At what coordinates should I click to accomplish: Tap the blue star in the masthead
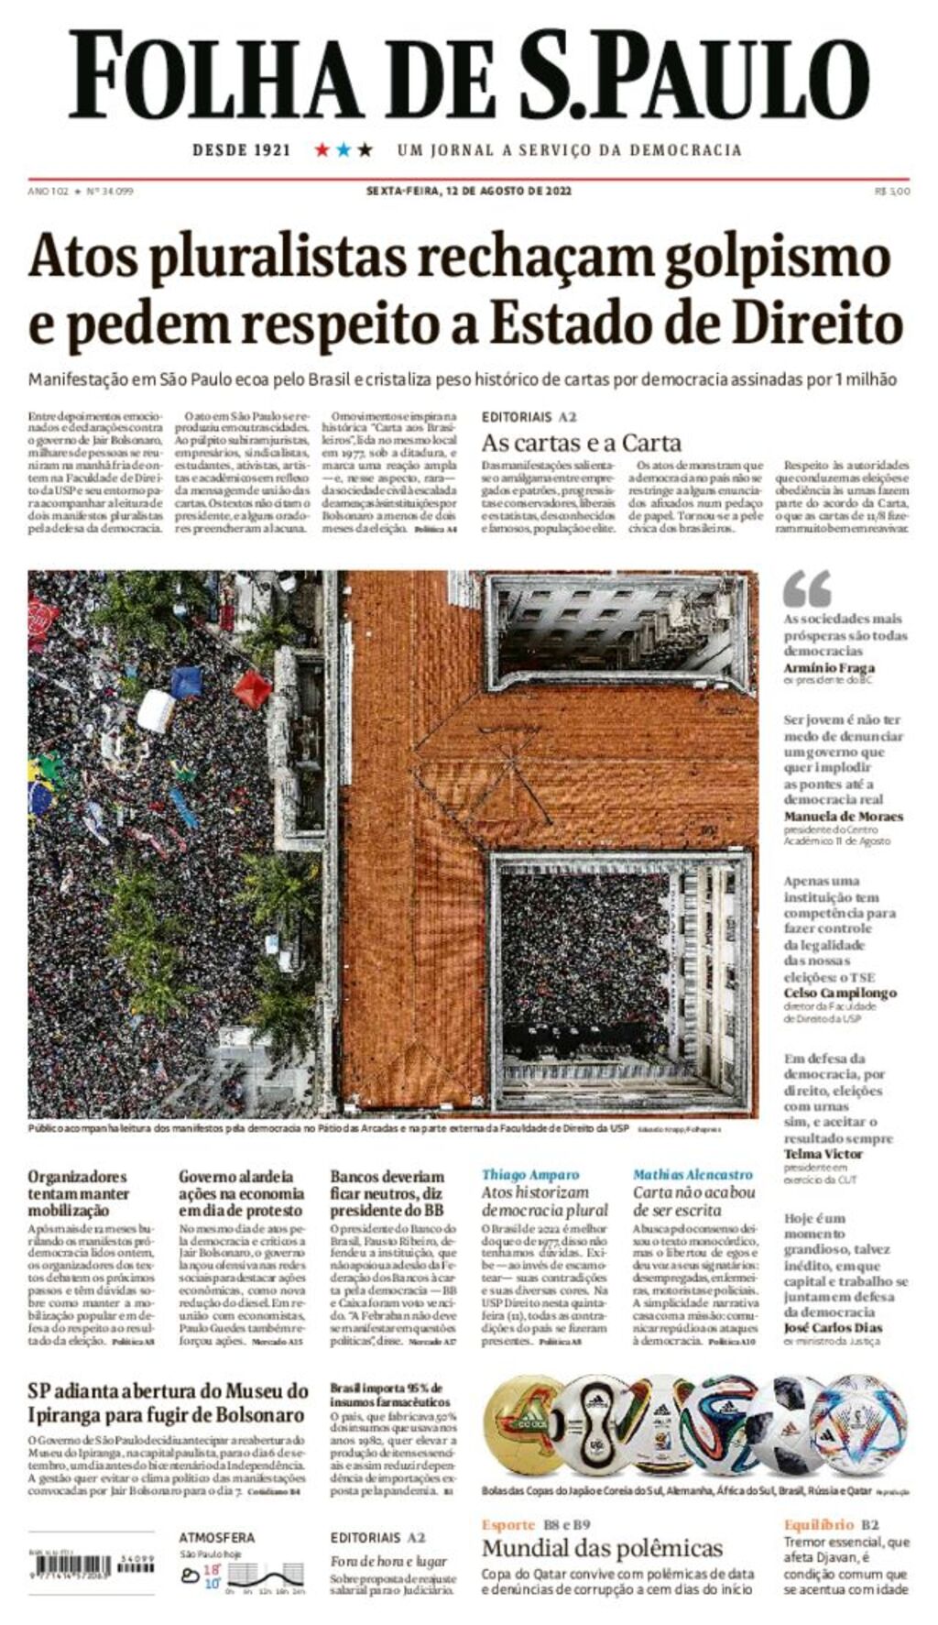click(344, 149)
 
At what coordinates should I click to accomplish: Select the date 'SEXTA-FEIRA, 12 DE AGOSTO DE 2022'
click(469, 191)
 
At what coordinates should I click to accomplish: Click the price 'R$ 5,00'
click(892, 191)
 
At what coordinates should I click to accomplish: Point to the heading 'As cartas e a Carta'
click(582, 444)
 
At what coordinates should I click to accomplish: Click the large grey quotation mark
click(807, 589)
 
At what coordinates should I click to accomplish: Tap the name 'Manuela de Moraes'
click(843, 816)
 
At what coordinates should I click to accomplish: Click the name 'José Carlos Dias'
click(833, 1327)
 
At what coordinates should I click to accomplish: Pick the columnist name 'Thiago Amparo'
click(530, 1175)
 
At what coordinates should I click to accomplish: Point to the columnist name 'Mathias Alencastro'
click(693, 1175)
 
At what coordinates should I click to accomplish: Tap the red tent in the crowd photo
click(252, 688)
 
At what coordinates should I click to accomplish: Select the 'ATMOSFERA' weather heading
click(216, 1537)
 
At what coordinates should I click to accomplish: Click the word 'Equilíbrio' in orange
click(818, 1525)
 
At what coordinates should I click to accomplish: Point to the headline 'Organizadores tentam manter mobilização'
click(79, 1193)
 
